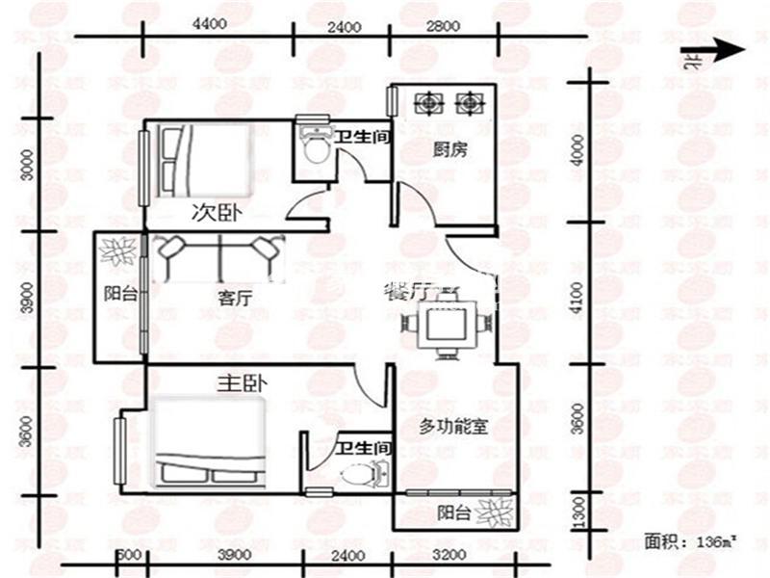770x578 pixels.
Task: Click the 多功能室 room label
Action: (453, 427)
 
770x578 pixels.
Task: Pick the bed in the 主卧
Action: (209, 442)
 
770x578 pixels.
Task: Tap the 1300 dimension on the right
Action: (577, 509)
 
